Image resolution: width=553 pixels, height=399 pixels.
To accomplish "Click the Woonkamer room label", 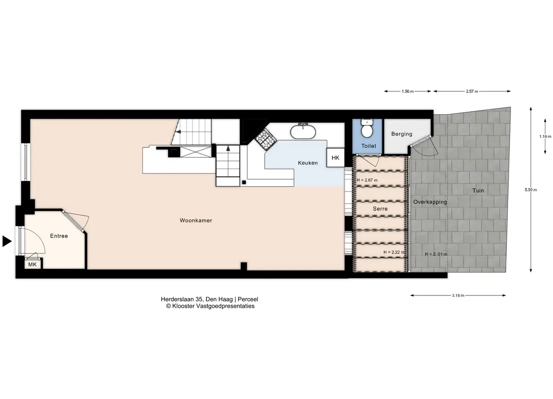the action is pyautogui.click(x=196, y=221).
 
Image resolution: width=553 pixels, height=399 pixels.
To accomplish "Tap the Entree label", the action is pyautogui.click(x=59, y=236).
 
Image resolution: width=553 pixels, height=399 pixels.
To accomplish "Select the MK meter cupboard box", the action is pyautogui.click(x=32, y=264).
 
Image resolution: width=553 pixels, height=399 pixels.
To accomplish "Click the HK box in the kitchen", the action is pyautogui.click(x=335, y=158).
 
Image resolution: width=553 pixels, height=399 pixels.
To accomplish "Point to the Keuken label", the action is pyautogui.click(x=308, y=163).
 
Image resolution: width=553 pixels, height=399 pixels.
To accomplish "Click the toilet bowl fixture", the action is pyautogui.click(x=367, y=129).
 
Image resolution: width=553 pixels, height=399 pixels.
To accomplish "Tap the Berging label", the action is pyautogui.click(x=402, y=134).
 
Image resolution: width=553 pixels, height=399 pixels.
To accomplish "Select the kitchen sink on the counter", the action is pyautogui.click(x=303, y=132).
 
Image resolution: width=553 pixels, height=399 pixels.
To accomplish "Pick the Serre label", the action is pyautogui.click(x=380, y=208).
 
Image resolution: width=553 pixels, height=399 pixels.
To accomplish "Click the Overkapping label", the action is pyautogui.click(x=430, y=202).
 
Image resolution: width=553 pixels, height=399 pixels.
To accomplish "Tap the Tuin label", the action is pyautogui.click(x=478, y=191).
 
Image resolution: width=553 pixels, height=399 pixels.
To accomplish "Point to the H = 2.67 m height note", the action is pyautogui.click(x=367, y=180).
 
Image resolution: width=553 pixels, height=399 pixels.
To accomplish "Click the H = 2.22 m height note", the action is pyautogui.click(x=394, y=252).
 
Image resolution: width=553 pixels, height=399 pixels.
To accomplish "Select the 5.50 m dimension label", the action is pyautogui.click(x=531, y=190).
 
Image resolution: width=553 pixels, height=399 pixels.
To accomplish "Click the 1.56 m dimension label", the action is pyautogui.click(x=408, y=91).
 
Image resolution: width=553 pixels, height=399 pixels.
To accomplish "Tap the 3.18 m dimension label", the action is pyautogui.click(x=458, y=296).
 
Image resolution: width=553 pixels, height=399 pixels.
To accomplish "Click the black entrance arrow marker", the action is pyautogui.click(x=7, y=241).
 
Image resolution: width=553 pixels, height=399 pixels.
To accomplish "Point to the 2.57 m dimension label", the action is pyautogui.click(x=472, y=91).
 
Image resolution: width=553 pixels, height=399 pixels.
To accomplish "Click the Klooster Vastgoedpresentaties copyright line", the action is pyautogui.click(x=210, y=306).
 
